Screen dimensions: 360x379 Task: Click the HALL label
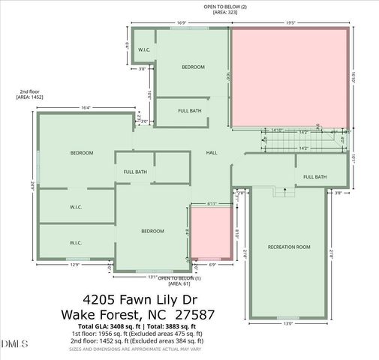pos(212,153)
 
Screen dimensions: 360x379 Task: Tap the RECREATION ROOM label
pos(288,247)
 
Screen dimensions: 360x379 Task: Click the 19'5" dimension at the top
pos(290,22)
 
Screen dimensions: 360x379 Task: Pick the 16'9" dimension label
pos(181,22)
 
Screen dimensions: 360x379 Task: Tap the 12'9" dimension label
pos(75,265)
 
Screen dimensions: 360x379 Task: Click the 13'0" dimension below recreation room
pos(288,324)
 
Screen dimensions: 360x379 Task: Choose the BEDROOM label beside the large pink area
pos(193,67)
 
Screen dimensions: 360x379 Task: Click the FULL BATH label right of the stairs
pos(315,177)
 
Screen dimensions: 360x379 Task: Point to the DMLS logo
pos(15,343)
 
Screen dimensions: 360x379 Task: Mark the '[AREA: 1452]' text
pos(30,97)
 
